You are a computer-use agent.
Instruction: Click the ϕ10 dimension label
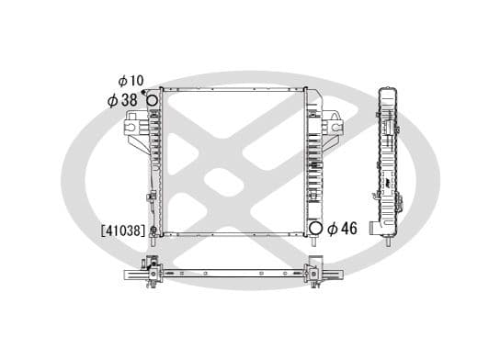[x=129, y=82]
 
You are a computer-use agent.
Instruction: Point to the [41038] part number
[x=121, y=231]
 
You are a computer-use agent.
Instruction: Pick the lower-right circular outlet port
[x=315, y=228]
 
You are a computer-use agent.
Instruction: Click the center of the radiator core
[x=233, y=161]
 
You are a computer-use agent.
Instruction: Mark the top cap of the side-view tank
[x=388, y=93]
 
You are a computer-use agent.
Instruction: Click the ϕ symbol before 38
[x=112, y=100]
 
